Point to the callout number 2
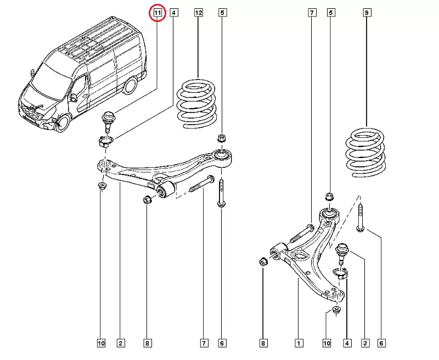[120, 344]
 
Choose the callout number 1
[299, 344]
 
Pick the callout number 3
[364, 344]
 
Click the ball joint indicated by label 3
[343, 250]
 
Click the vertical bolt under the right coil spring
[360, 217]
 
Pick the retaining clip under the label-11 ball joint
[105, 143]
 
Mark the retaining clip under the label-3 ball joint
[341, 273]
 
